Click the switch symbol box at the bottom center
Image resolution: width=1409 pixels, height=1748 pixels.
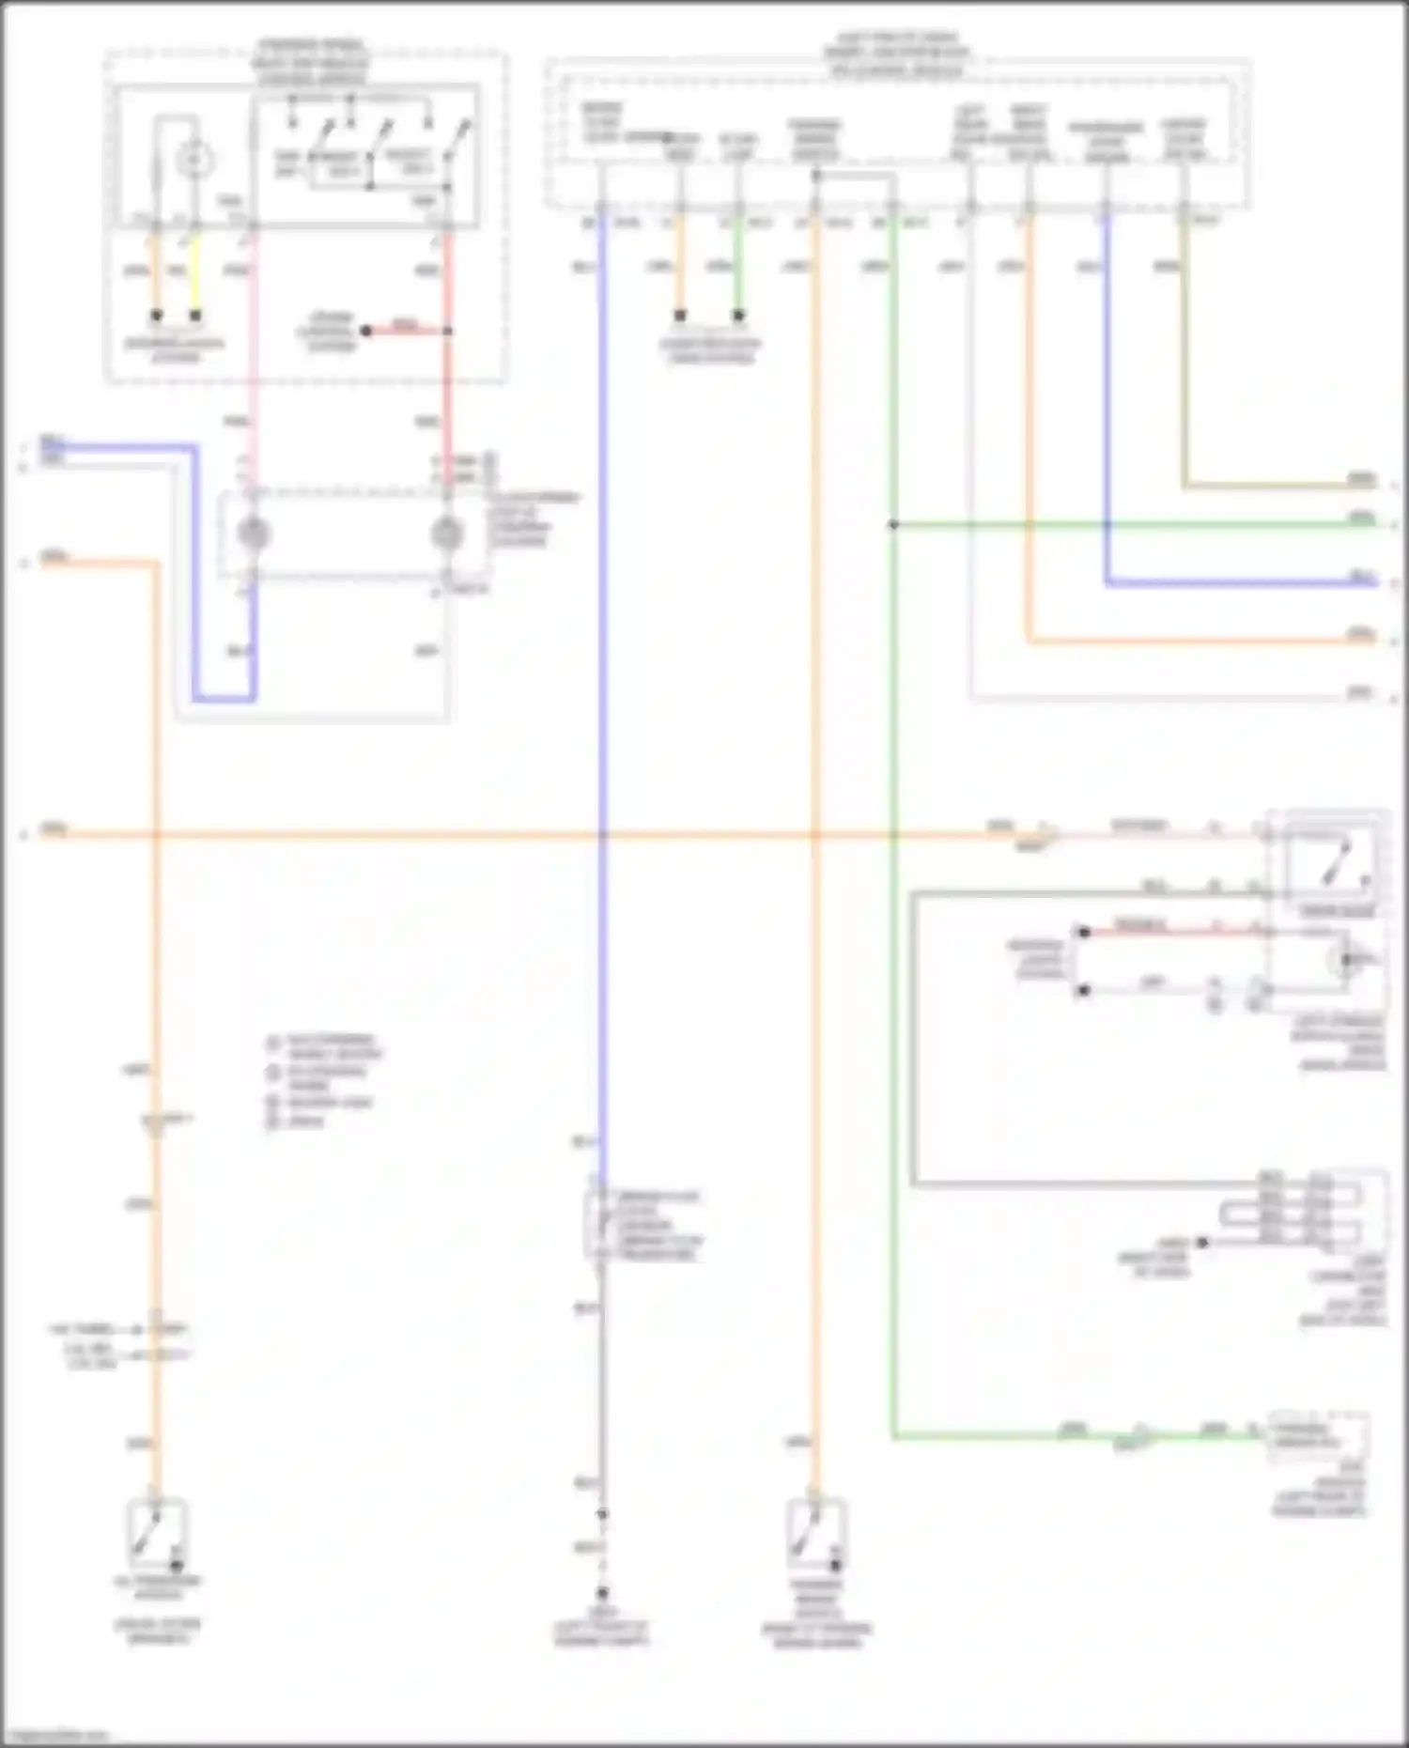(816, 1535)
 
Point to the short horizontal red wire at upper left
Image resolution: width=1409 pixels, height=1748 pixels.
(407, 331)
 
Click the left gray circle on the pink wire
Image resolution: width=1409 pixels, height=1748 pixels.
(254, 534)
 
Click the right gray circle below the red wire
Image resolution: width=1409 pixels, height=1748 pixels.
(447, 534)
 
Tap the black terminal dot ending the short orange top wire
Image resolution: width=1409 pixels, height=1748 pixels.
(680, 316)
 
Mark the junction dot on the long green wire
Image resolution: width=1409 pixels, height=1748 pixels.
(892, 525)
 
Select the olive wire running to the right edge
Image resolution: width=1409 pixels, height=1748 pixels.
(1277, 487)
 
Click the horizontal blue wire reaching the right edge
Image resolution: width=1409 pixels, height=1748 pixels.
(1240, 584)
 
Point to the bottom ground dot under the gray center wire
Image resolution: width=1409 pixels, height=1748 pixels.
(602, 1593)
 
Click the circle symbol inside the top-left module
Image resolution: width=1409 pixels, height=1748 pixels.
(194, 161)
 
